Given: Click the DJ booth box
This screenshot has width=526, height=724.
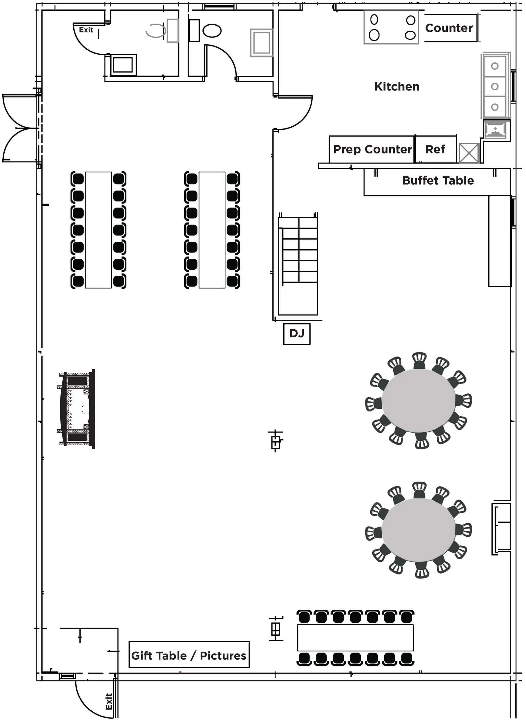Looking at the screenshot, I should [x=297, y=334].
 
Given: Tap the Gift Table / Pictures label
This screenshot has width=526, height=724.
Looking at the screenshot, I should [x=189, y=655].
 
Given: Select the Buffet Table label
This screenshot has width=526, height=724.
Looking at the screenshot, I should [x=438, y=181].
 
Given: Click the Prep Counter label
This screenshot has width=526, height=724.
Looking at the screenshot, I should [x=372, y=149].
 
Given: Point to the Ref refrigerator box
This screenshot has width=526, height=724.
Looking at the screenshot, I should [x=435, y=149].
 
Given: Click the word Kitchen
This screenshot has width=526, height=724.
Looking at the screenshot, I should [x=397, y=87].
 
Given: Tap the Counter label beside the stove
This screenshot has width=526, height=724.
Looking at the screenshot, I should [x=449, y=28].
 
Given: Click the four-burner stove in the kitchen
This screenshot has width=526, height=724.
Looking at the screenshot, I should [x=391, y=27].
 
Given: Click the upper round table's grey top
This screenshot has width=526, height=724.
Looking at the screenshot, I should [x=418, y=401].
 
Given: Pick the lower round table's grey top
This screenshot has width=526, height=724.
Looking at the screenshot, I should [x=418, y=530].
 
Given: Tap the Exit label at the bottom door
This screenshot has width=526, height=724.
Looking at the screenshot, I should [x=109, y=701].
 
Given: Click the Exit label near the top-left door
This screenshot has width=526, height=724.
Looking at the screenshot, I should [x=86, y=30].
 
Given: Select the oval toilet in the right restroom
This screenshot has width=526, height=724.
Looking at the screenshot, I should [x=212, y=31].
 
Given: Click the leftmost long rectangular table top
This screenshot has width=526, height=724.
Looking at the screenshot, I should [x=98, y=230].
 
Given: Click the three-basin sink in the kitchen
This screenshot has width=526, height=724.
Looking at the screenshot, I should [x=494, y=86].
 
